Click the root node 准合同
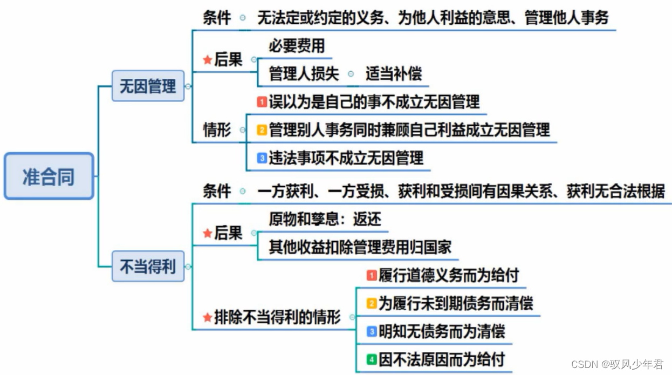(x=49, y=176)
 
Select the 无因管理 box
(x=148, y=86)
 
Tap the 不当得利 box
(x=148, y=266)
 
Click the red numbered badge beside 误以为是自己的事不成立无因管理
(x=262, y=101)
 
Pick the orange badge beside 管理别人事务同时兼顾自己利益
(x=262, y=129)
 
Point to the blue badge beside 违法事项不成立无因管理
(x=262, y=158)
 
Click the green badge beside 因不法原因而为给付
(x=372, y=359)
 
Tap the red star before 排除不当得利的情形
(x=207, y=318)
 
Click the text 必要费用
(x=297, y=46)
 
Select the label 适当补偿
(x=394, y=74)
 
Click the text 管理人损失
(x=304, y=74)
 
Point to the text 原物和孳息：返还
(x=325, y=219)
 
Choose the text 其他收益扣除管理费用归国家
(x=360, y=247)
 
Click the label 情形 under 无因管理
(x=217, y=129)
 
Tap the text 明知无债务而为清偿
(x=442, y=331)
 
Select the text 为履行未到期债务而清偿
(x=456, y=303)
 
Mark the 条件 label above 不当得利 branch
(x=217, y=191)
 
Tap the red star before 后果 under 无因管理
(x=207, y=60)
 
